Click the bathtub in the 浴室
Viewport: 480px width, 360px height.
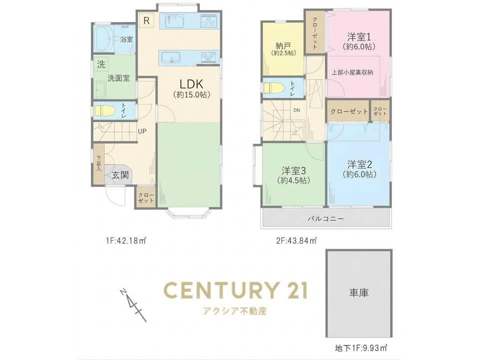point(104,39)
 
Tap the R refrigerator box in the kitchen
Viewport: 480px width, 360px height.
point(146,21)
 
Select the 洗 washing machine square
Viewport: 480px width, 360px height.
point(101,64)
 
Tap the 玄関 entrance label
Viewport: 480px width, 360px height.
point(120,175)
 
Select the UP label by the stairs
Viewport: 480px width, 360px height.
point(142,131)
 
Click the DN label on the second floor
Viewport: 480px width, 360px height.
point(296,110)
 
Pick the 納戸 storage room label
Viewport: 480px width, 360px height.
point(283,46)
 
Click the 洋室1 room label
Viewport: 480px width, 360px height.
point(359,37)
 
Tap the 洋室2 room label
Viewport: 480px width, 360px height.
point(359,164)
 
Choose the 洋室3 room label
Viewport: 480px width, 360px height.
point(294,170)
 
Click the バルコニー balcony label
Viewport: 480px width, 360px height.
point(325,218)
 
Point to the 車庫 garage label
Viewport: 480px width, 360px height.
point(359,292)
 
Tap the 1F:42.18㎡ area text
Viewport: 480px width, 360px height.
point(125,241)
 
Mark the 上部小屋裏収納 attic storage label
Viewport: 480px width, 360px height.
point(352,72)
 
